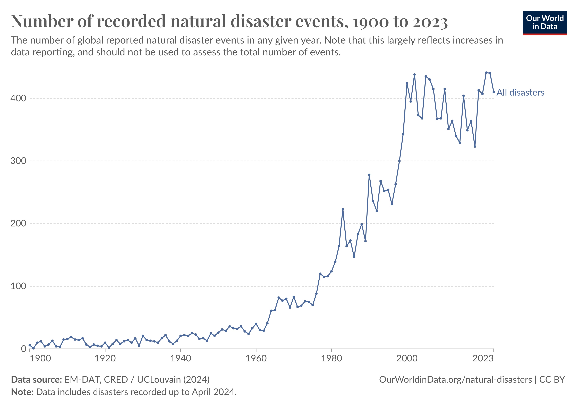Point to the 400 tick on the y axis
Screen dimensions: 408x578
coord(18,98)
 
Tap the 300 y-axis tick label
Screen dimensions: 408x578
coord(18,161)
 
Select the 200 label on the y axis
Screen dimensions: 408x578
coord(18,224)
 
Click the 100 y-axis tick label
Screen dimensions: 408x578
coord(18,286)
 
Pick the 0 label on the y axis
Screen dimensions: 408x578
coord(23,349)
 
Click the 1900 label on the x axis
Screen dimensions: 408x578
coord(40,358)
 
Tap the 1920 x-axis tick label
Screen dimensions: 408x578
coord(105,358)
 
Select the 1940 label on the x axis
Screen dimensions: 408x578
coord(181,358)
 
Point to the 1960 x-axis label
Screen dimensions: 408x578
coord(256,358)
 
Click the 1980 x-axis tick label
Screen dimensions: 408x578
coord(331,358)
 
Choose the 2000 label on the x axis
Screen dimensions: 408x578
coord(407,358)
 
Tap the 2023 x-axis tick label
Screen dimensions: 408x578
coord(483,358)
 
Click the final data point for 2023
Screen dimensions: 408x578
coord(494,92)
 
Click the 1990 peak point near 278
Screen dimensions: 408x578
coord(369,175)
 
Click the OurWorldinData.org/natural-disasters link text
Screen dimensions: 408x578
coord(455,380)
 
